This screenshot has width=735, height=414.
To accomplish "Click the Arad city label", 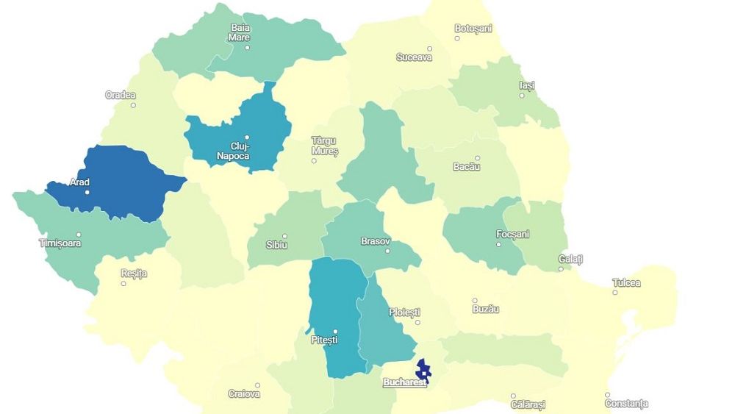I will coord(79,182).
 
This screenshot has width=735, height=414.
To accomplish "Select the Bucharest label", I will coord(404,382).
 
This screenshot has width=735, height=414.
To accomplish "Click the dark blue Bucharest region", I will coord(423,368).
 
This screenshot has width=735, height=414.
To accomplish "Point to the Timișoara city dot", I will coord(79,235).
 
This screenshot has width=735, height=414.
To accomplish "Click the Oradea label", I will coord(121,95).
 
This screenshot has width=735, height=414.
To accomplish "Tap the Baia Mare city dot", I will coord(247,48).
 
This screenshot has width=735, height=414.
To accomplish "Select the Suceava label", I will coord(414,57).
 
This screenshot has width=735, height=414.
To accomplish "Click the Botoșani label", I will coord(473,29).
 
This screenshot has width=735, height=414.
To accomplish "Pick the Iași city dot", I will coord(523,96).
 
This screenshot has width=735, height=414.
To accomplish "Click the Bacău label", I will coord(467,167).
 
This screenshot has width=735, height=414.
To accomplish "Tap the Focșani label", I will coord(512,234).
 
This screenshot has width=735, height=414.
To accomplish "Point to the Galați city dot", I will coord(561,268).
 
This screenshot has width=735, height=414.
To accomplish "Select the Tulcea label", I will coord(626,282).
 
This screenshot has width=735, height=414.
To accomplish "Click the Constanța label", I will coord(626,404).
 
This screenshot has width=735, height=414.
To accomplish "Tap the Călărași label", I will coord(528,404).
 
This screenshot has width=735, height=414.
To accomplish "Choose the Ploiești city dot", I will coord(417,322).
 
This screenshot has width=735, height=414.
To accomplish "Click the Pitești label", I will coord(324,340).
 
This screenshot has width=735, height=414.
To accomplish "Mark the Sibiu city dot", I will coord(284,236).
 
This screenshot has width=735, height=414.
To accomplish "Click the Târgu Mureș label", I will coord(325,146).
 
